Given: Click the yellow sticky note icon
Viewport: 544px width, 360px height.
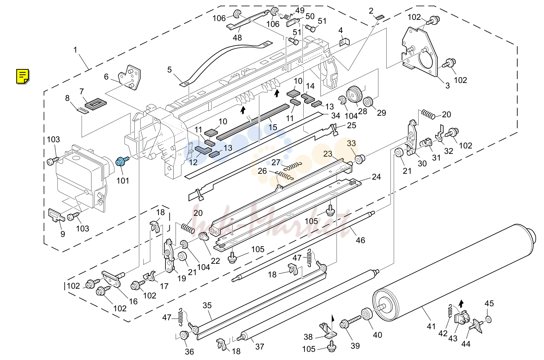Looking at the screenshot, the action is click(23, 76).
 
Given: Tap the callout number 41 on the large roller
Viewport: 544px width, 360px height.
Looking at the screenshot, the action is click(431, 326).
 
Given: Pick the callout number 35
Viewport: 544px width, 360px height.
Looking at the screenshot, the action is click(207, 305).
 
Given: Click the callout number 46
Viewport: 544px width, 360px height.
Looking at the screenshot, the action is click(361, 240).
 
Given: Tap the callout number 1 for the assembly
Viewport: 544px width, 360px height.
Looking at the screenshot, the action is click(75, 50).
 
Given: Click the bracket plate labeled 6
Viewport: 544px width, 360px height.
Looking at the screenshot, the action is click(130, 77).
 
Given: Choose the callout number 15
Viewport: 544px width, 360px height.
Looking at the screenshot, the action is click(273, 127).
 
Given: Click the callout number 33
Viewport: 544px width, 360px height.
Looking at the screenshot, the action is click(351, 143).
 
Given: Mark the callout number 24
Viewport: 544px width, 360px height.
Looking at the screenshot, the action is click(376, 176).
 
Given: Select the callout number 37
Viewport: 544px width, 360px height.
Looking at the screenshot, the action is click(260, 347).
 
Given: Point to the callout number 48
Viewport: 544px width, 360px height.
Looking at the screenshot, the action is click(237, 38).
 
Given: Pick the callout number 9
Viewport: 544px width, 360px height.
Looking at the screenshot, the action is click(63, 234).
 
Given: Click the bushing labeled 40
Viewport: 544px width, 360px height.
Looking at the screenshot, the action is click(367, 315).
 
